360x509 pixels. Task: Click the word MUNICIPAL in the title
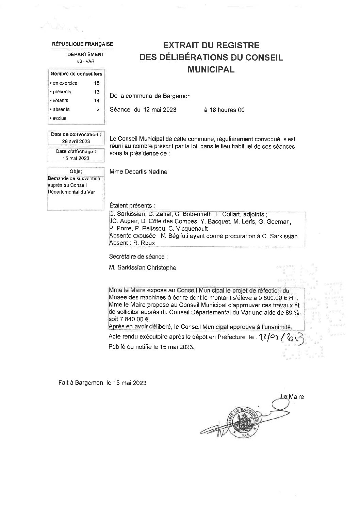click(211, 70)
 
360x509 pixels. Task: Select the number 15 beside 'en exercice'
click(97, 83)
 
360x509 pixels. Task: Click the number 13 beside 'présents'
click(97, 92)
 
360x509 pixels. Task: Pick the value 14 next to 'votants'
click(97, 101)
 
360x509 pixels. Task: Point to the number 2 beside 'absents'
click(98, 110)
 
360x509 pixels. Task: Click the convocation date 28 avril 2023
click(76, 141)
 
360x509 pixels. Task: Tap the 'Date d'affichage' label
click(76, 151)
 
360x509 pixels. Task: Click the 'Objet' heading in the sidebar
click(76, 171)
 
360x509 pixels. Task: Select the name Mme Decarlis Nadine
click(138, 172)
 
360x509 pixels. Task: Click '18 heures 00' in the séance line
click(224, 110)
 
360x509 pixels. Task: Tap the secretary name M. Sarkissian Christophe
click(143, 268)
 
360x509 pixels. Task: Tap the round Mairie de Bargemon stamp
click(243, 422)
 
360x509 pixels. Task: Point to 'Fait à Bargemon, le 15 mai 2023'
click(102, 383)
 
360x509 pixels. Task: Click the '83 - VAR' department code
click(85, 61)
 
